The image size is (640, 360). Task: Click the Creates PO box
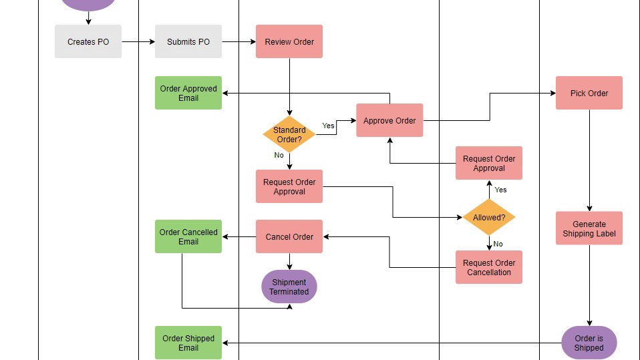click(88, 41)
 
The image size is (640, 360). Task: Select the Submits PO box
click(188, 41)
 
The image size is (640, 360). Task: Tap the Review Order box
click(289, 41)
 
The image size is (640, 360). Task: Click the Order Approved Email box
click(188, 93)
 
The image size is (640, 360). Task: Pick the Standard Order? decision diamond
click(289, 135)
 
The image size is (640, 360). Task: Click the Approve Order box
click(389, 120)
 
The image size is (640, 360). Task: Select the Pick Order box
click(589, 93)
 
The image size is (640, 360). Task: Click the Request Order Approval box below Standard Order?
click(289, 186)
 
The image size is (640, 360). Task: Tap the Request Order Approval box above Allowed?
click(489, 163)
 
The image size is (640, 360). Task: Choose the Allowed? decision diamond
click(489, 217)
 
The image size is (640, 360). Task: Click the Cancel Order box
click(289, 236)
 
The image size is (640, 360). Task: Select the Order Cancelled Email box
click(188, 236)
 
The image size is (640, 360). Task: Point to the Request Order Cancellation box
click(489, 267)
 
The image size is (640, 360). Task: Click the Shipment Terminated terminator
click(289, 287)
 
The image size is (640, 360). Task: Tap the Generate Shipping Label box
click(589, 228)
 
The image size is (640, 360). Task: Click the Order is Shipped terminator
click(589, 343)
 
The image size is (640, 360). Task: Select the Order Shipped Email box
click(188, 343)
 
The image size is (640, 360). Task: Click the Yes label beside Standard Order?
click(328, 126)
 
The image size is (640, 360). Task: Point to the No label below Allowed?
click(498, 244)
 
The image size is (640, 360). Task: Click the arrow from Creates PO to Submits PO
click(138, 41)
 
